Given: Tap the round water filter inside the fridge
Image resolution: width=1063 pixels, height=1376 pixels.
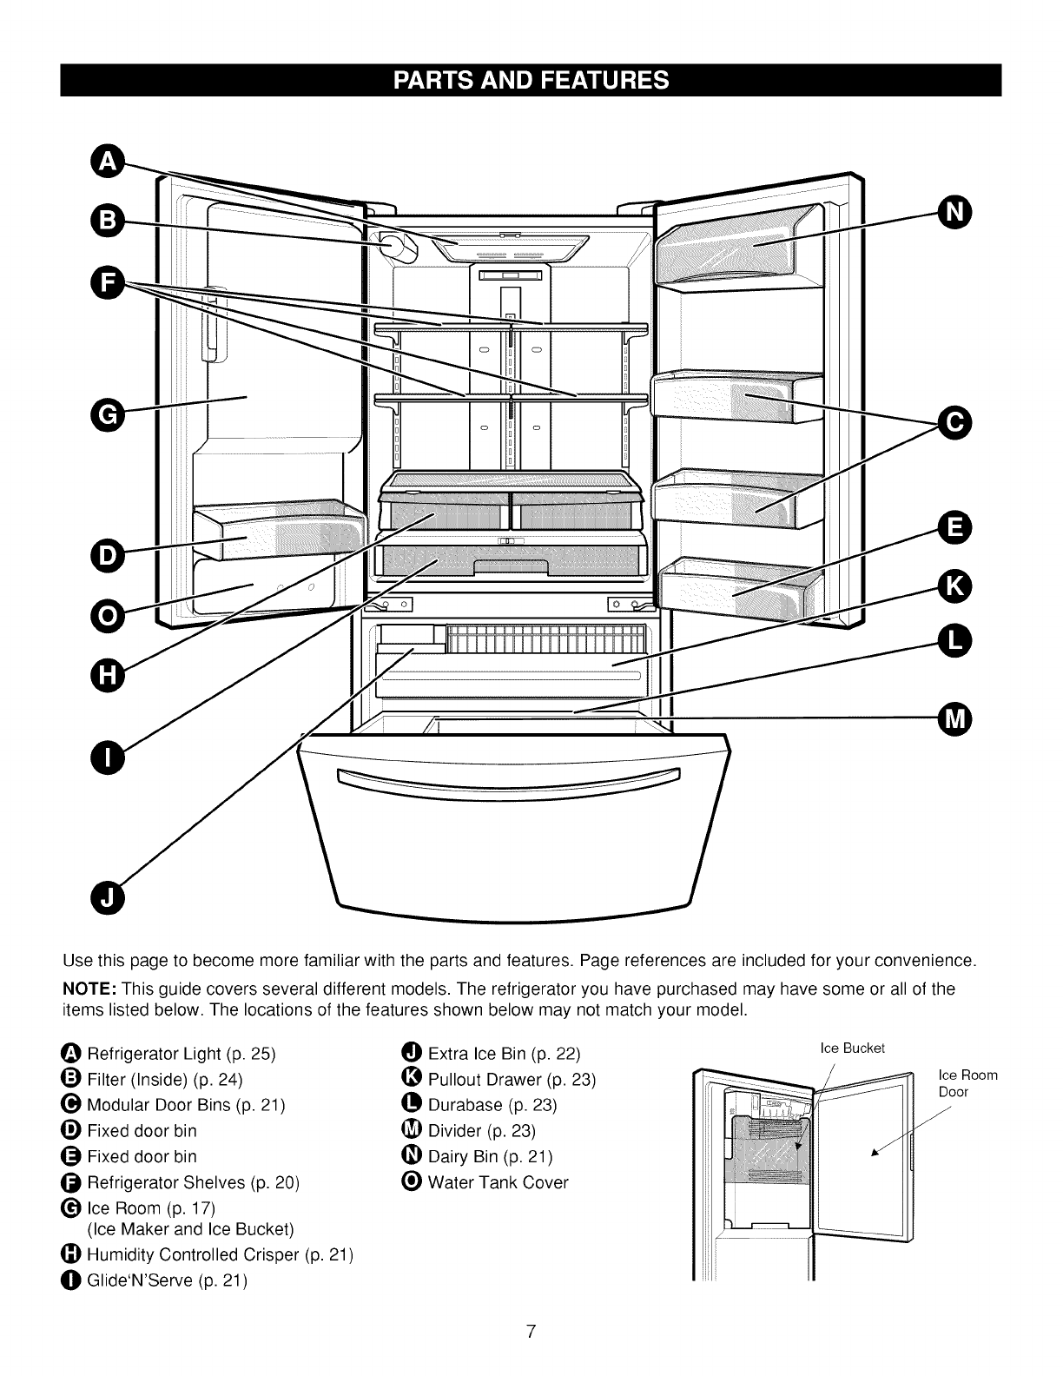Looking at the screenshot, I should tap(396, 248).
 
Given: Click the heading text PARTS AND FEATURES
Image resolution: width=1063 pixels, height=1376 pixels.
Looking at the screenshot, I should tap(531, 81).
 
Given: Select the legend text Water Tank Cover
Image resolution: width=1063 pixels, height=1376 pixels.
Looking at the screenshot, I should tap(498, 1182).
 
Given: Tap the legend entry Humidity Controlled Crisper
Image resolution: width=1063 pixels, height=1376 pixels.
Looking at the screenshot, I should tap(220, 1255).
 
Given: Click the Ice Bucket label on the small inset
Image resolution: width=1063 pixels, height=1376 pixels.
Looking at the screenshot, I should tap(853, 1048).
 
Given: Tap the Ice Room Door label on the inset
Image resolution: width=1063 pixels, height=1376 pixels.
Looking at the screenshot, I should tap(968, 1083).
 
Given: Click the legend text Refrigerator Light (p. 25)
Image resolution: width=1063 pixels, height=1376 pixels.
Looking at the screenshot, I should tap(181, 1055).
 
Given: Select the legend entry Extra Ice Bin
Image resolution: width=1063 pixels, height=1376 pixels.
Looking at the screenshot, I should tap(504, 1055).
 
